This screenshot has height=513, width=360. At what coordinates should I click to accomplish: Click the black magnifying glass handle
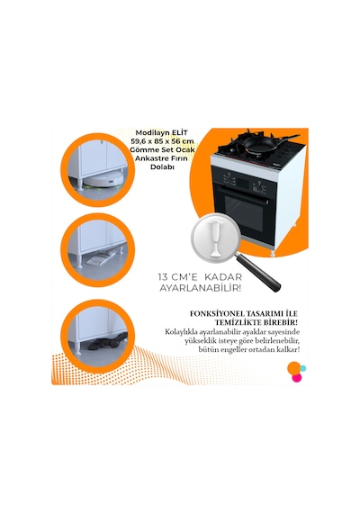[x=258, y=272]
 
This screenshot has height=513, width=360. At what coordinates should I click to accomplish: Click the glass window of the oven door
[x=244, y=211]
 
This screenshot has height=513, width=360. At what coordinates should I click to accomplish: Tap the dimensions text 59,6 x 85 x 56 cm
[x=163, y=141]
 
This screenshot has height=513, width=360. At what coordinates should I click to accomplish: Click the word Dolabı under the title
[x=162, y=166]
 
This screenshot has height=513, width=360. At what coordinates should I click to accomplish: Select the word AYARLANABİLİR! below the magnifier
[x=201, y=288]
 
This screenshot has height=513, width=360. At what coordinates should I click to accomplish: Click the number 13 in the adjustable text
[x=163, y=277]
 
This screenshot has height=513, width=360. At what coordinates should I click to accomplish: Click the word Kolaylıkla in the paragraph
[x=181, y=332]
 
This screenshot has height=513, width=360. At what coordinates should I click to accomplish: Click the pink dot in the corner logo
[x=296, y=378]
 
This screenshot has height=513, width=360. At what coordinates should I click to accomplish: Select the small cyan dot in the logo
[x=303, y=368]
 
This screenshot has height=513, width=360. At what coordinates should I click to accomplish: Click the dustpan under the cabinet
[x=101, y=258]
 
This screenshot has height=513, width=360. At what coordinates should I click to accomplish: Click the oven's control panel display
[x=230, y=179]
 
